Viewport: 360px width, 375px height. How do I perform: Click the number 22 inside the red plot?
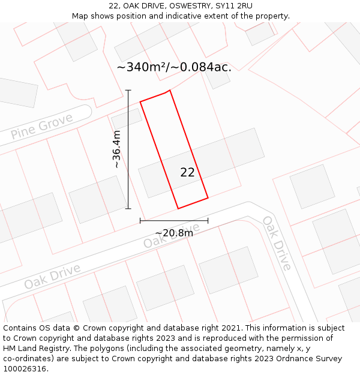[187, 173]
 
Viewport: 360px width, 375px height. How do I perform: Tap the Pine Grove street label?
[42, 125]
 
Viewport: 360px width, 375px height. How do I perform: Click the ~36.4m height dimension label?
[116, 149]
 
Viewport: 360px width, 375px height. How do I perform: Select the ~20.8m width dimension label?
[174, 233]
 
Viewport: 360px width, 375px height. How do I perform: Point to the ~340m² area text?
[143, 67]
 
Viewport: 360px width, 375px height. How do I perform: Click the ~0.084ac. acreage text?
[202, 67]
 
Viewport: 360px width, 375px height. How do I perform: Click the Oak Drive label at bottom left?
[52, 275]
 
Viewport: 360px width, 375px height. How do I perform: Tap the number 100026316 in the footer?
[25, 369]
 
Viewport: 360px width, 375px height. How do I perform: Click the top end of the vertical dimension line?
[128, 91]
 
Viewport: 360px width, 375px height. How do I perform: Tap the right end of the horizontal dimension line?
[208, 221]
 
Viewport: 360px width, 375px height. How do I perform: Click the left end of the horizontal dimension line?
[140, 221]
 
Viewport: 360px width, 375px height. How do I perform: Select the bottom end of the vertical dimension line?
[128, 208]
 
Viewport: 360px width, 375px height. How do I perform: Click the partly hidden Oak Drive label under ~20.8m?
[162, 239]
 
